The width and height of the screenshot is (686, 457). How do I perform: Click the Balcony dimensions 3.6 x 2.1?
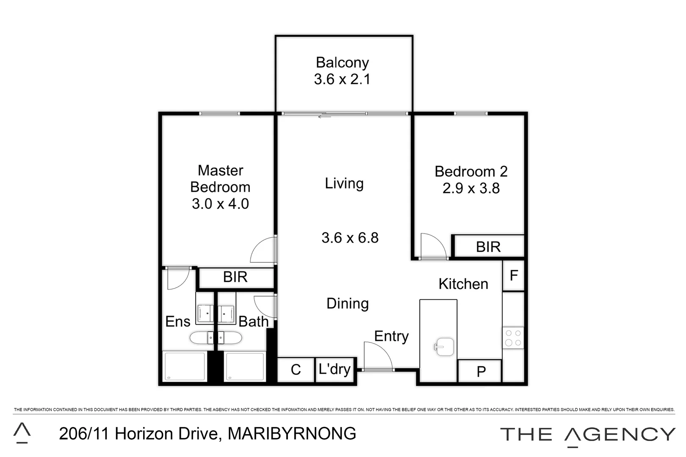[342, 79]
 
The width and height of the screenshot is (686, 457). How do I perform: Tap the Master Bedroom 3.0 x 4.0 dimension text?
[220, 204]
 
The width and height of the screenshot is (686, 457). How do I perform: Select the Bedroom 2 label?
[471, 171]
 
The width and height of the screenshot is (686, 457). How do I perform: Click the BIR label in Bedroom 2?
[488, 247]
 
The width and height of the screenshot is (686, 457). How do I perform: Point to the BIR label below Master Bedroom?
[235, 277]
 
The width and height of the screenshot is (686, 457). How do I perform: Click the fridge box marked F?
[514, 275]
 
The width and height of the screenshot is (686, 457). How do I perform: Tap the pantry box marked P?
[481, 372]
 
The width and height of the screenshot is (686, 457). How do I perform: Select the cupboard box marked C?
[296, 370]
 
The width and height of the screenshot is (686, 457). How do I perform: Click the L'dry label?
[335, 369]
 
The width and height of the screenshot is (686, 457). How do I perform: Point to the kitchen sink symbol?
[443, 347]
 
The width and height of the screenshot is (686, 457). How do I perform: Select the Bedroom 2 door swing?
[433, 245]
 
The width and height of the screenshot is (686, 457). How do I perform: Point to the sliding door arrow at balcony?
[324, 116]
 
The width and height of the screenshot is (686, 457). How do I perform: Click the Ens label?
[177, 322]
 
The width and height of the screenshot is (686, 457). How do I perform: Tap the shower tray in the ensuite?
[185, 366]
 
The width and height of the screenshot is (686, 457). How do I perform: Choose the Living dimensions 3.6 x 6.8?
[350, 238]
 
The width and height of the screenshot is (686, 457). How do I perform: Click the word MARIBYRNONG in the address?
[292, 434]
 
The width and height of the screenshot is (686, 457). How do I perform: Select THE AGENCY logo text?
[587, 435]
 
